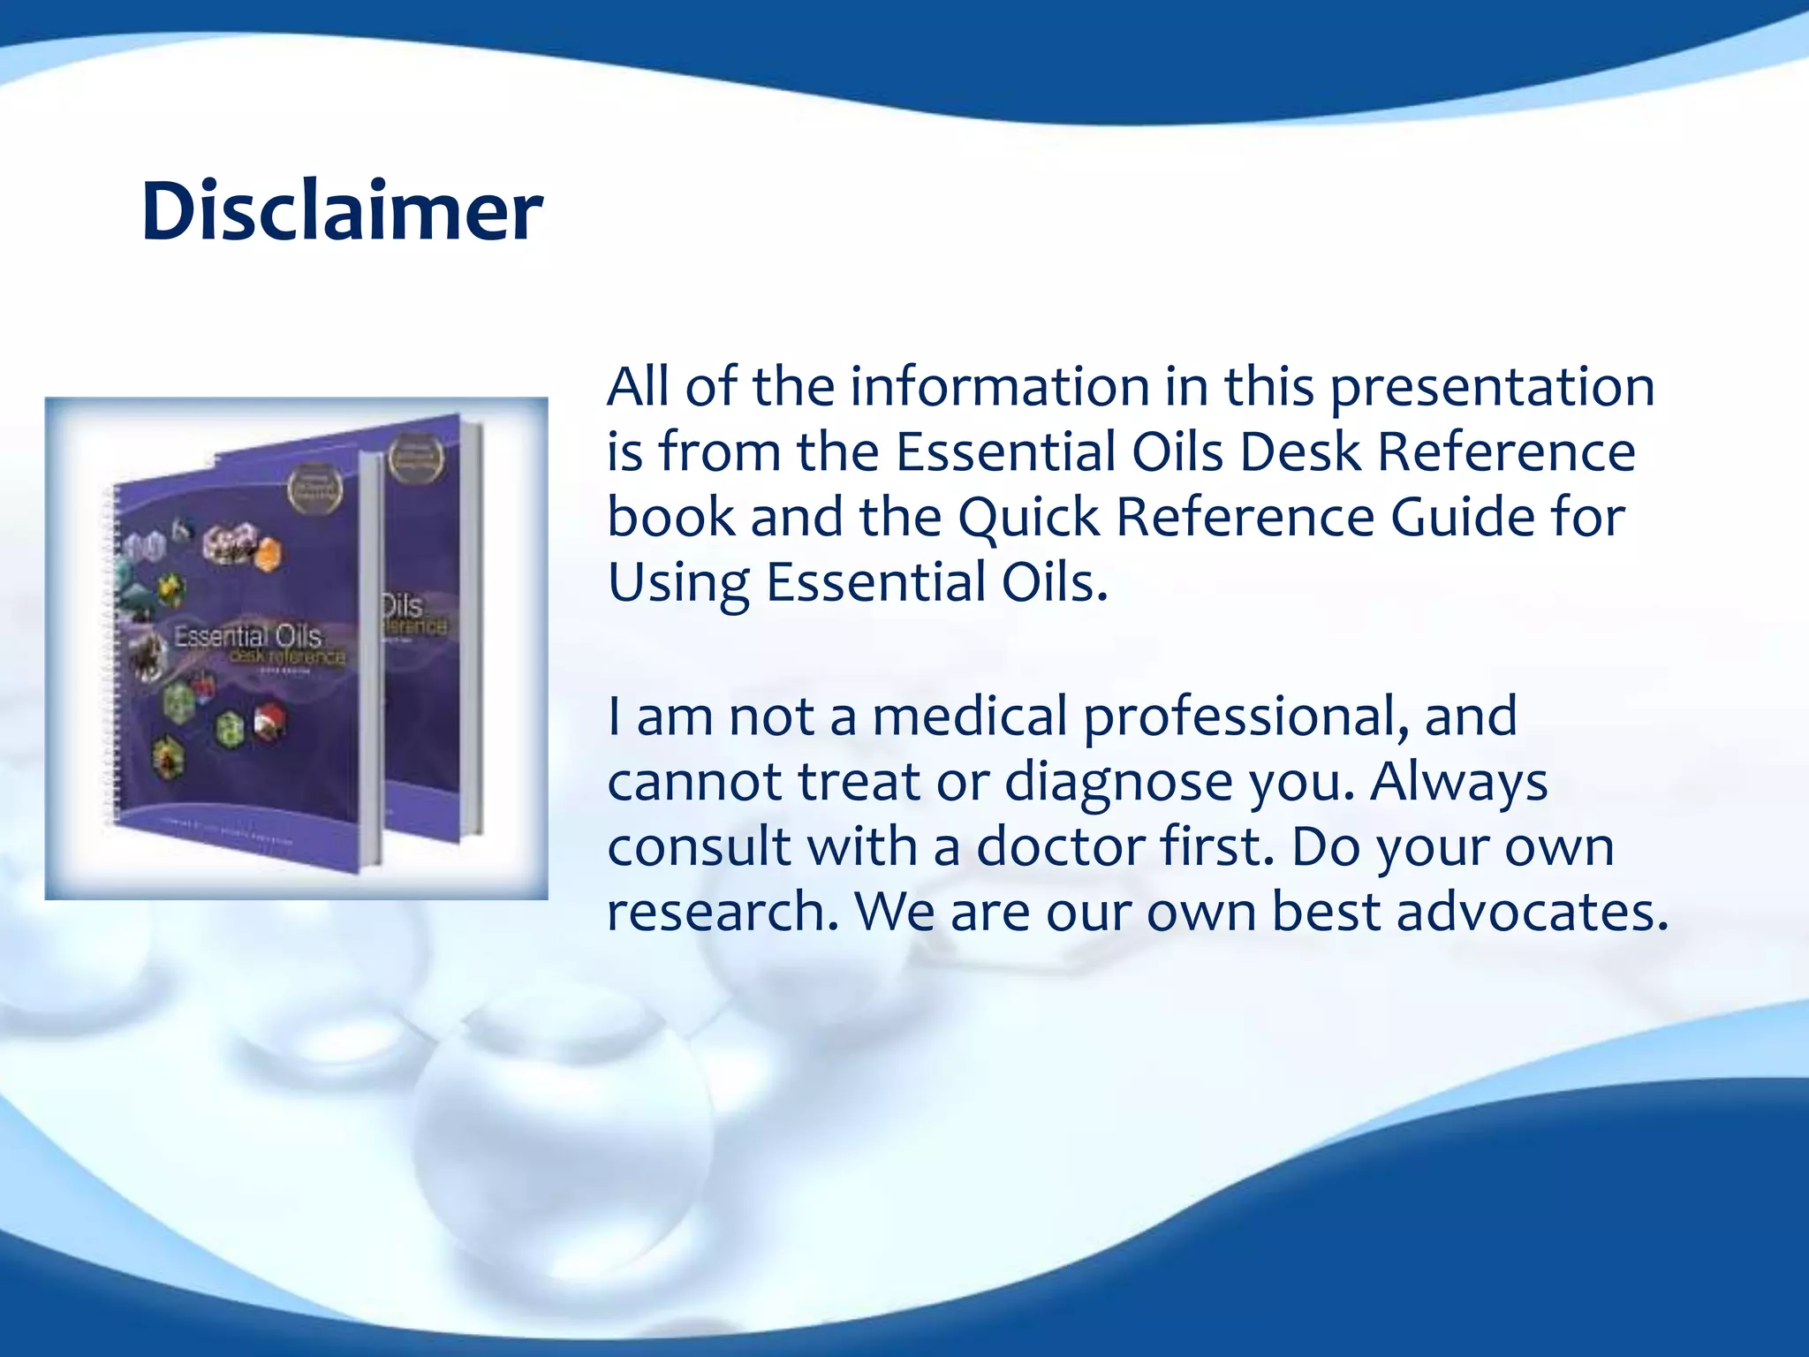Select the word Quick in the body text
[1028, 518]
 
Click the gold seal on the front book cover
[314, 489]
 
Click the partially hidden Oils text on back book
[403, 606]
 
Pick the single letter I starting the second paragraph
[614, 716]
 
